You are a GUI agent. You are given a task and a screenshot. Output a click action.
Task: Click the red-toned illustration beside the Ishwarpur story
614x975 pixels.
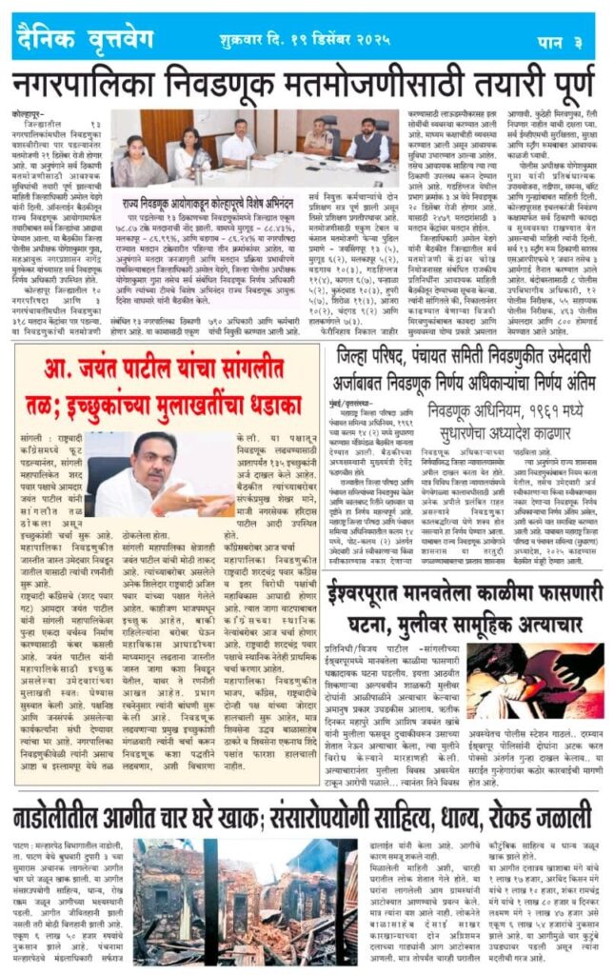[x=548, y=682]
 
